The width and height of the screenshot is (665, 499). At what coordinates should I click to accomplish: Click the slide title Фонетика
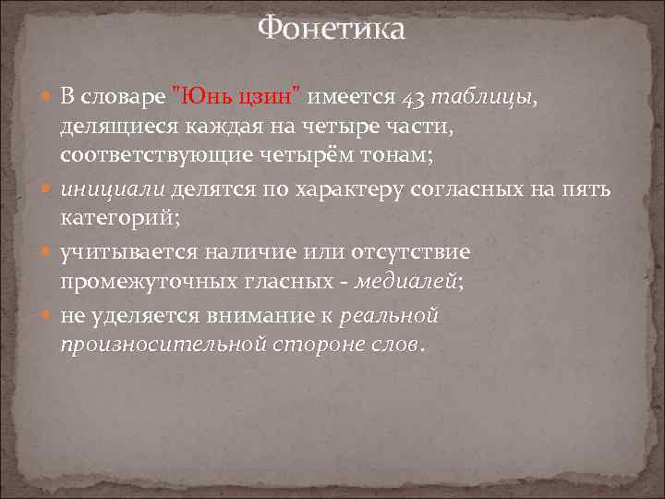pyautogui.click(x=332, y=30)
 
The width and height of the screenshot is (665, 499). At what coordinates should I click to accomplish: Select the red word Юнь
pyautogui.click(x=201, y=96)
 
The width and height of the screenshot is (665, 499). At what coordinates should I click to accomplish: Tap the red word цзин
pyautogui.click(x=268, y=96)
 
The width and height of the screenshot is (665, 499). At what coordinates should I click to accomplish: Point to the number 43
pyautogui.click(x=415, y=96)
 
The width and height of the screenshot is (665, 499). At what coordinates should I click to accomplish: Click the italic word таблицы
pyautogui.click(x=481, y=96)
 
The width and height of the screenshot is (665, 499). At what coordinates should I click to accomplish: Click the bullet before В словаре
pyautogui.click(x=48, y=97)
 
